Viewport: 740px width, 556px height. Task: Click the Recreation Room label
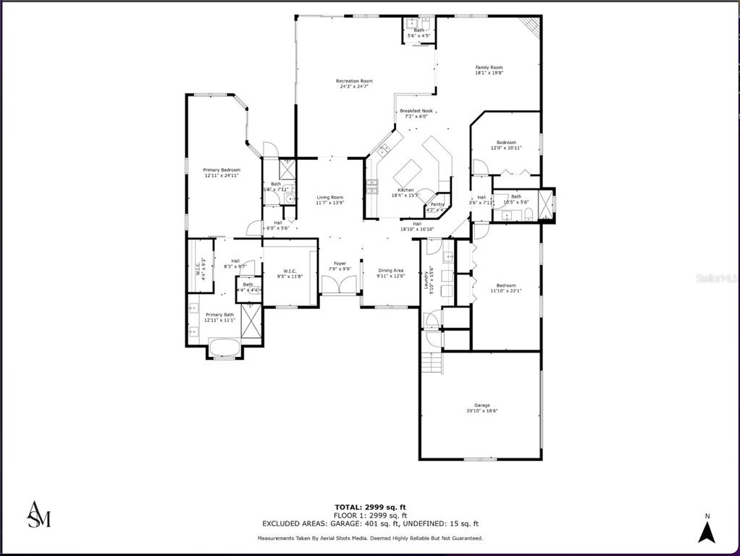tap(354, 81)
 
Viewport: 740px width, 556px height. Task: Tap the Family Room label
tap(489, 67)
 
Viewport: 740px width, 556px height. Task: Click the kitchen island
tap(408, 173)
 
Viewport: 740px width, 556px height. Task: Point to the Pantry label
tap(437, 204)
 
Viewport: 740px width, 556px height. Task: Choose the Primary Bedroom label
tap(222, 169)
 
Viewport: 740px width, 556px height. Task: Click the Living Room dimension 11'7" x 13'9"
tap(330, 203)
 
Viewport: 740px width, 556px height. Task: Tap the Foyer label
tap(340, 264)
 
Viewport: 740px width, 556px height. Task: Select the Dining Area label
tap(390, 270)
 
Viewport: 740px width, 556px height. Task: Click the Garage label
tap(482, 405)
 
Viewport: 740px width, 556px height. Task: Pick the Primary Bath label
tap(219, 314)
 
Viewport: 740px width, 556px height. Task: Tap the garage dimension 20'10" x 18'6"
tap(482, 411)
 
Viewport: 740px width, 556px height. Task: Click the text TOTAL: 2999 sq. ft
tap(369, 507)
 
